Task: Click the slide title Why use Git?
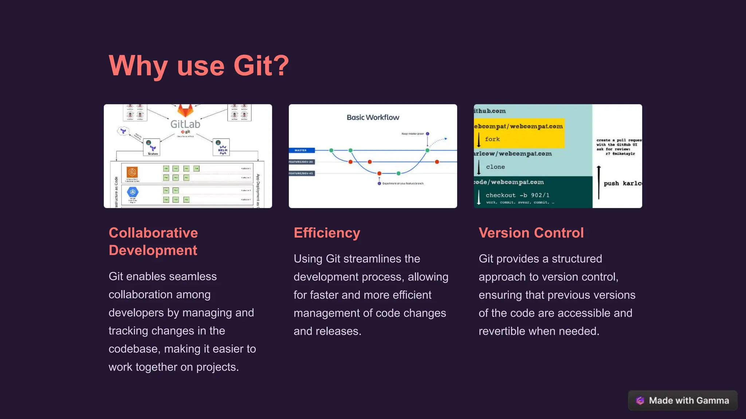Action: [199, 66]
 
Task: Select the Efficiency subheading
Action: [327, 233]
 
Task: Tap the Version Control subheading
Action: [531, 233]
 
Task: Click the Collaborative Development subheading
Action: [153, 242]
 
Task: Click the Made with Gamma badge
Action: [683, 400]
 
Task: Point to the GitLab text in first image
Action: [185, 124]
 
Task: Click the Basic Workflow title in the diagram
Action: [373, 117]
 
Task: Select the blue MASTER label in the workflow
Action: [301, 150]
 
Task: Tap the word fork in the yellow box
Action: [492, 139]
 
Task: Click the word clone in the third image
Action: [495, 167]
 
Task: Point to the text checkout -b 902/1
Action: [517, 195]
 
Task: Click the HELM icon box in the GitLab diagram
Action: [221, 147]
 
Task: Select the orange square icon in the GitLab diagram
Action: [132, 172]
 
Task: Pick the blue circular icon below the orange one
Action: [133, 192]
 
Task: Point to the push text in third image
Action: [611, 184]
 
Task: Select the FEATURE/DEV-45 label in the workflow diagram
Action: [301, 173]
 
